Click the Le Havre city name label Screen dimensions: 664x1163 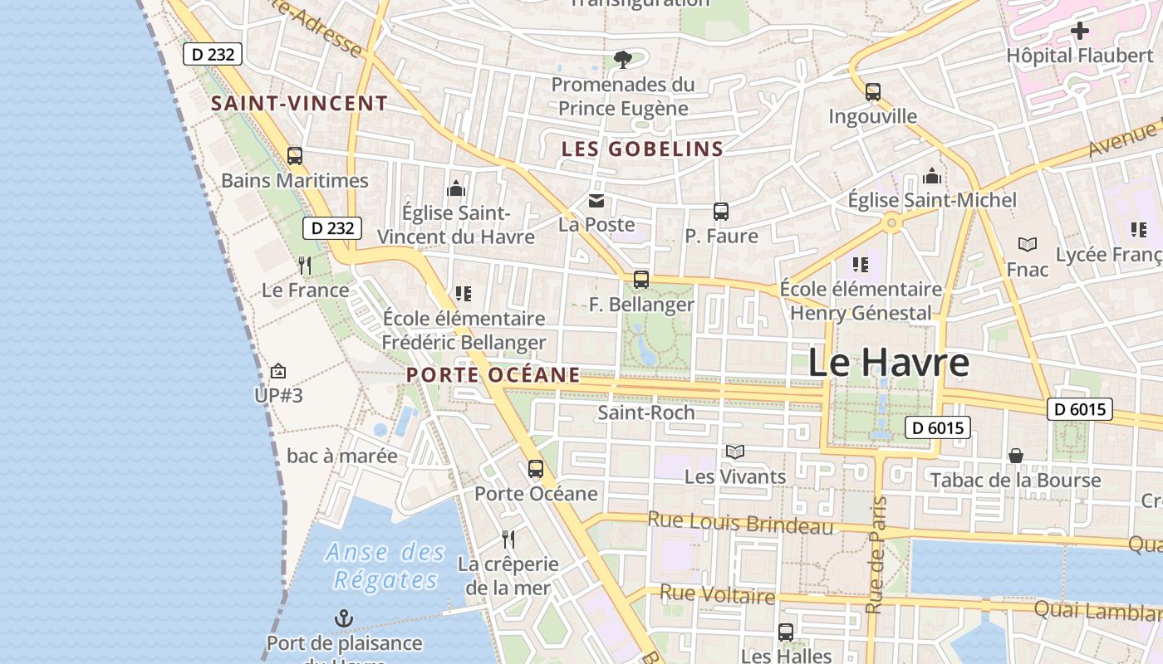coord(888,363)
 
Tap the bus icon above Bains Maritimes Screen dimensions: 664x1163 coord(294,155)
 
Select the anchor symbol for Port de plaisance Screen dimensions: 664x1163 coord(343,618)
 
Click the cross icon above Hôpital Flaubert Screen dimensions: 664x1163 coord(1079,32)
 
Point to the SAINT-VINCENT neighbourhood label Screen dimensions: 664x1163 coord(299,104)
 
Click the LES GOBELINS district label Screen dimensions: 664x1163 coord(642,149)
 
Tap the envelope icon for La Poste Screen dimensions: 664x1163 coord(596,200)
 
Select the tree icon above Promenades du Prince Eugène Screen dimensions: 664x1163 coord(621,59)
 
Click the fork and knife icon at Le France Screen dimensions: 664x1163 coord(305,266)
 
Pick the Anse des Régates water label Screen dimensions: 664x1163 coord(385,565)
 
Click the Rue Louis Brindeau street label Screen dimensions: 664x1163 coord(739,523)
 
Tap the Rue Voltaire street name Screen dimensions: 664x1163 coord(717,594)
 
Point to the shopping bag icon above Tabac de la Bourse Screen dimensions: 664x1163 coord(1015,456)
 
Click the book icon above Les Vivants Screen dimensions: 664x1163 coord(734,452)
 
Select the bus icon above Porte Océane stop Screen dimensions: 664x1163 coord(536,469)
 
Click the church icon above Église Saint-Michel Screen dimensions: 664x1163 coord(931,176)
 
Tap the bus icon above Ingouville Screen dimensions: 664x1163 coord(872,91)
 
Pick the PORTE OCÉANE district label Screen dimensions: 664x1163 coord(493,374)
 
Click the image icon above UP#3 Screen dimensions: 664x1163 coord(278,371)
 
